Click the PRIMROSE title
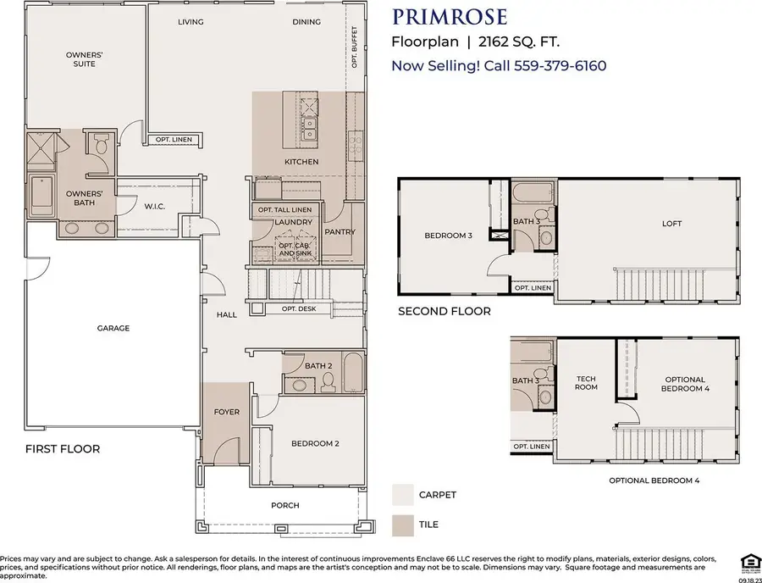pyautogui.click(x=450, y=17)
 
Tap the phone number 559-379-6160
pyautogui.click(x=560, y=65)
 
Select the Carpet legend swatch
pyautogui.click(x=404, y=494)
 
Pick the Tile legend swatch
pyautogui.click(x=404, y=525)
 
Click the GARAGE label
pyautogui.click(x=113, y=328)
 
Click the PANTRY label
pyautogui.click(x=340, y=231)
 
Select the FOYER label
pyautogui.click(x=226, y=412)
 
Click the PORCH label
pyautogui.click(x=285, y=506)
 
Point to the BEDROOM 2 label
pyautogui.click(x=315, y=443)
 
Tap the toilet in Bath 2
pyautogui.click(x=327, y=384)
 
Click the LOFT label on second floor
pyautogui.click(x=671, y=224)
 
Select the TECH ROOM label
pyautogui.click(x=587, y=382)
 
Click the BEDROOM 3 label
pyautogui.click(x=448, y=235)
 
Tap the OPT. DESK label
pyautogui.click(x=299, y=308)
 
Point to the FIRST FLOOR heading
pyautogui.click(x=63, y=448)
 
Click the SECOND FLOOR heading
pyautogui.click(x=444, y=311)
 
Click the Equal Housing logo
pyautogui.click(x=749, y=559)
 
